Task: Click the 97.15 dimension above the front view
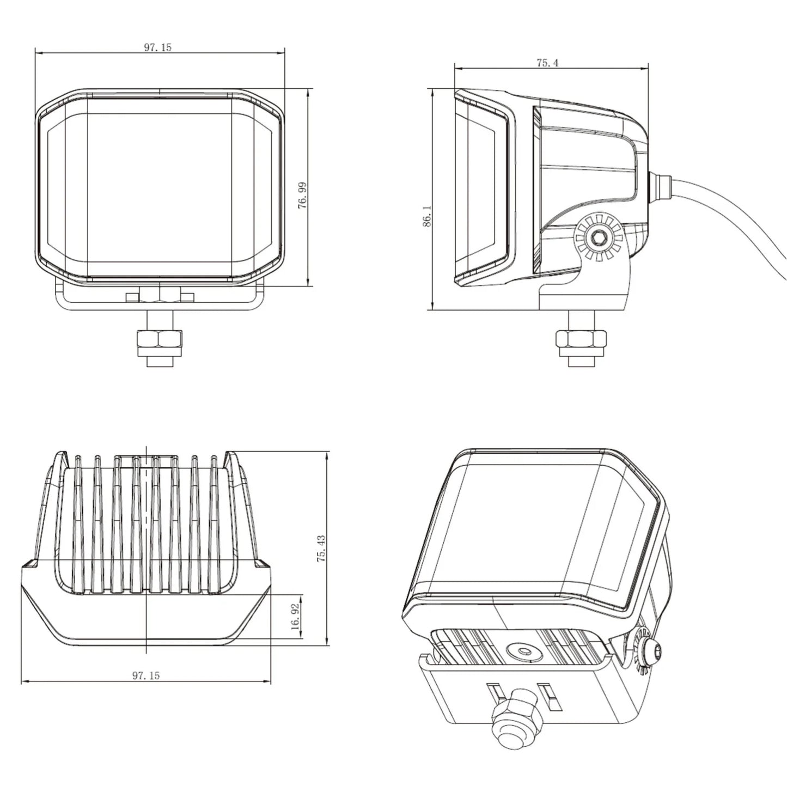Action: pyautogui.click(x=157, y=47)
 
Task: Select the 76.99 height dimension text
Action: pyautogui.click(x=303, y=195)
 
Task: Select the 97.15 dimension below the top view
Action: pyautogui.click(x=145, y=675)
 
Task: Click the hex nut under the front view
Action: pyautogui.click(x=159, y=339)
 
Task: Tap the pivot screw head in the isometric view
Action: pyautogui.click(x=651, y=650)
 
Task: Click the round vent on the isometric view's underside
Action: pyautogui.click(x=524, y=650)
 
